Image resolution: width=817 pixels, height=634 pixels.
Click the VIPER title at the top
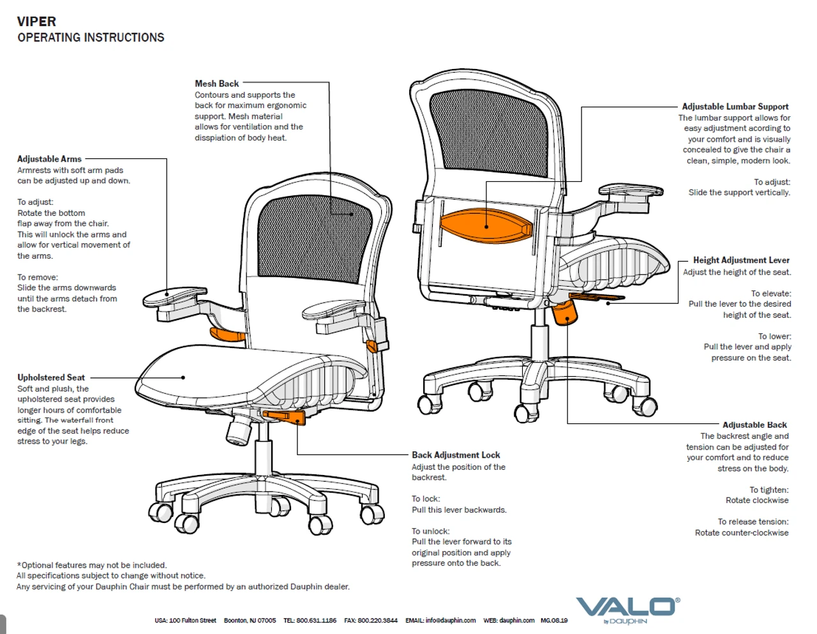point(36,22)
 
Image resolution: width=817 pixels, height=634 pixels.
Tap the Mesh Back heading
point(216,84)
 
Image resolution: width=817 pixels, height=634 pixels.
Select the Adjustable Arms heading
point(49,159)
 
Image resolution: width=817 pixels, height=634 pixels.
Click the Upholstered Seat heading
point(51,377)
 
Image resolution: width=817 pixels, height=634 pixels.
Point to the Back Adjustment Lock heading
point(456,455)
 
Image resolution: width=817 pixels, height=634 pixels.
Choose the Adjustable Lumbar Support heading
point(735,107)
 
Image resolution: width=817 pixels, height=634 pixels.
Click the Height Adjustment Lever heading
point(741,260)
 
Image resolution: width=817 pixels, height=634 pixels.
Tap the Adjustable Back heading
point(754,425)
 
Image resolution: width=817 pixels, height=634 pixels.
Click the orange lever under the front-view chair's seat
point(284,416)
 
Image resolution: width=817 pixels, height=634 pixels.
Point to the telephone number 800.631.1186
point(317,621)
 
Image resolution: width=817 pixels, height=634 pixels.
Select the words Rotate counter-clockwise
point(742,533)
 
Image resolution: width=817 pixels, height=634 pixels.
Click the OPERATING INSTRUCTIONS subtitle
point(91,38)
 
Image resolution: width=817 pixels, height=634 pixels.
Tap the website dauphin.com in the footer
point(516,621)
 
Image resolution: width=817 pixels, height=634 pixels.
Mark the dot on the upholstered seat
point(183,377)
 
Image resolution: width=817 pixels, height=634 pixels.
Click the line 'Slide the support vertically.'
point(739,193)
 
